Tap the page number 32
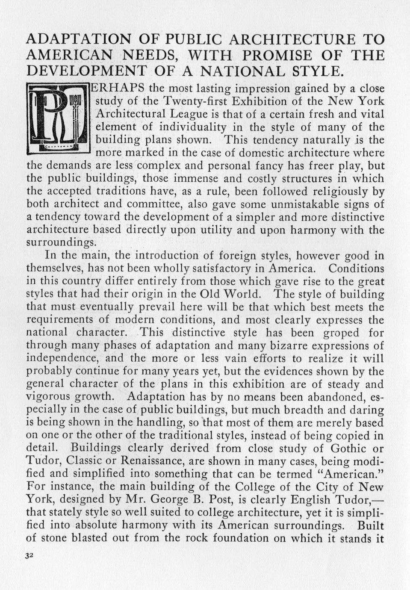pos(29,555)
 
